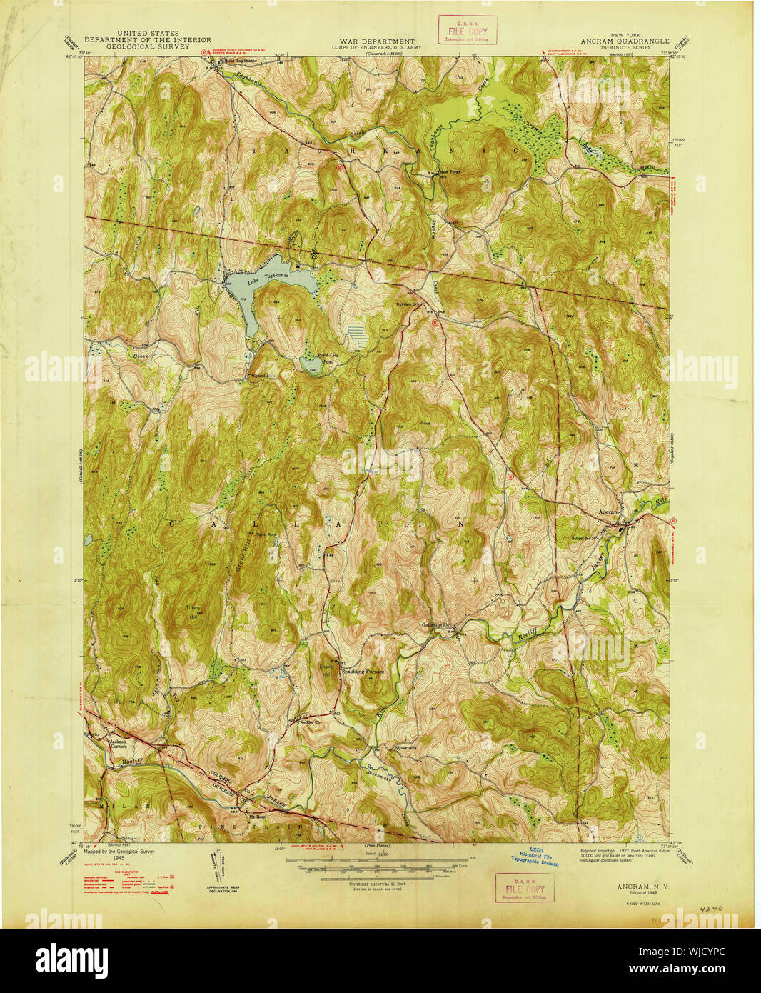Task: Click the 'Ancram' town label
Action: coord(609,512)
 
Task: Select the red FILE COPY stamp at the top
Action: coord(467,30)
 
